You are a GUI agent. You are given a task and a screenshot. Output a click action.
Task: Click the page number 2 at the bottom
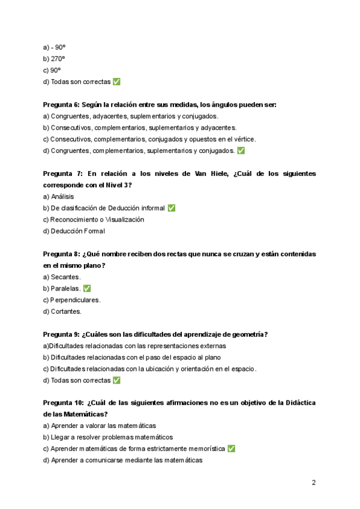coord(314,483)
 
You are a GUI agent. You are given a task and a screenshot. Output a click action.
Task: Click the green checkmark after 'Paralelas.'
coord(87,289)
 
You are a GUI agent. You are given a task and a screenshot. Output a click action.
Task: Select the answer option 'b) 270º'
coord(54,59)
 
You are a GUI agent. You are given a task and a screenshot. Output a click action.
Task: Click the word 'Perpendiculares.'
coord(76,300)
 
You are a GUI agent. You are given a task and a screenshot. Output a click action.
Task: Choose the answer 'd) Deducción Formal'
coord(74,231)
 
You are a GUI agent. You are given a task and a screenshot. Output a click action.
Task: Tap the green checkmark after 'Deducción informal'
coord(172,208)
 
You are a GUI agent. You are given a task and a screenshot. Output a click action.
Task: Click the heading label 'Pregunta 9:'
coord(61,334)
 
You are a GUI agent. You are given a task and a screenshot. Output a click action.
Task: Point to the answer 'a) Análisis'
coord(59,196)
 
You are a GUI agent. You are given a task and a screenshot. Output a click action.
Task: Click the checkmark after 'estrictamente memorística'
coord(232,449)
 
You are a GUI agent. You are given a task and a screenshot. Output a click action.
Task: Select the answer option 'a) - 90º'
coord(54,47)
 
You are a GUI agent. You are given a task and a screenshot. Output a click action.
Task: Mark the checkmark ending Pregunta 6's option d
coord(241,151)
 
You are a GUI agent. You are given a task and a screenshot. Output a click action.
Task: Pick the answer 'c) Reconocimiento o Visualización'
coord(94,220)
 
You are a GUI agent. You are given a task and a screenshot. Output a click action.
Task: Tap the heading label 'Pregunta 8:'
coord(61,254)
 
